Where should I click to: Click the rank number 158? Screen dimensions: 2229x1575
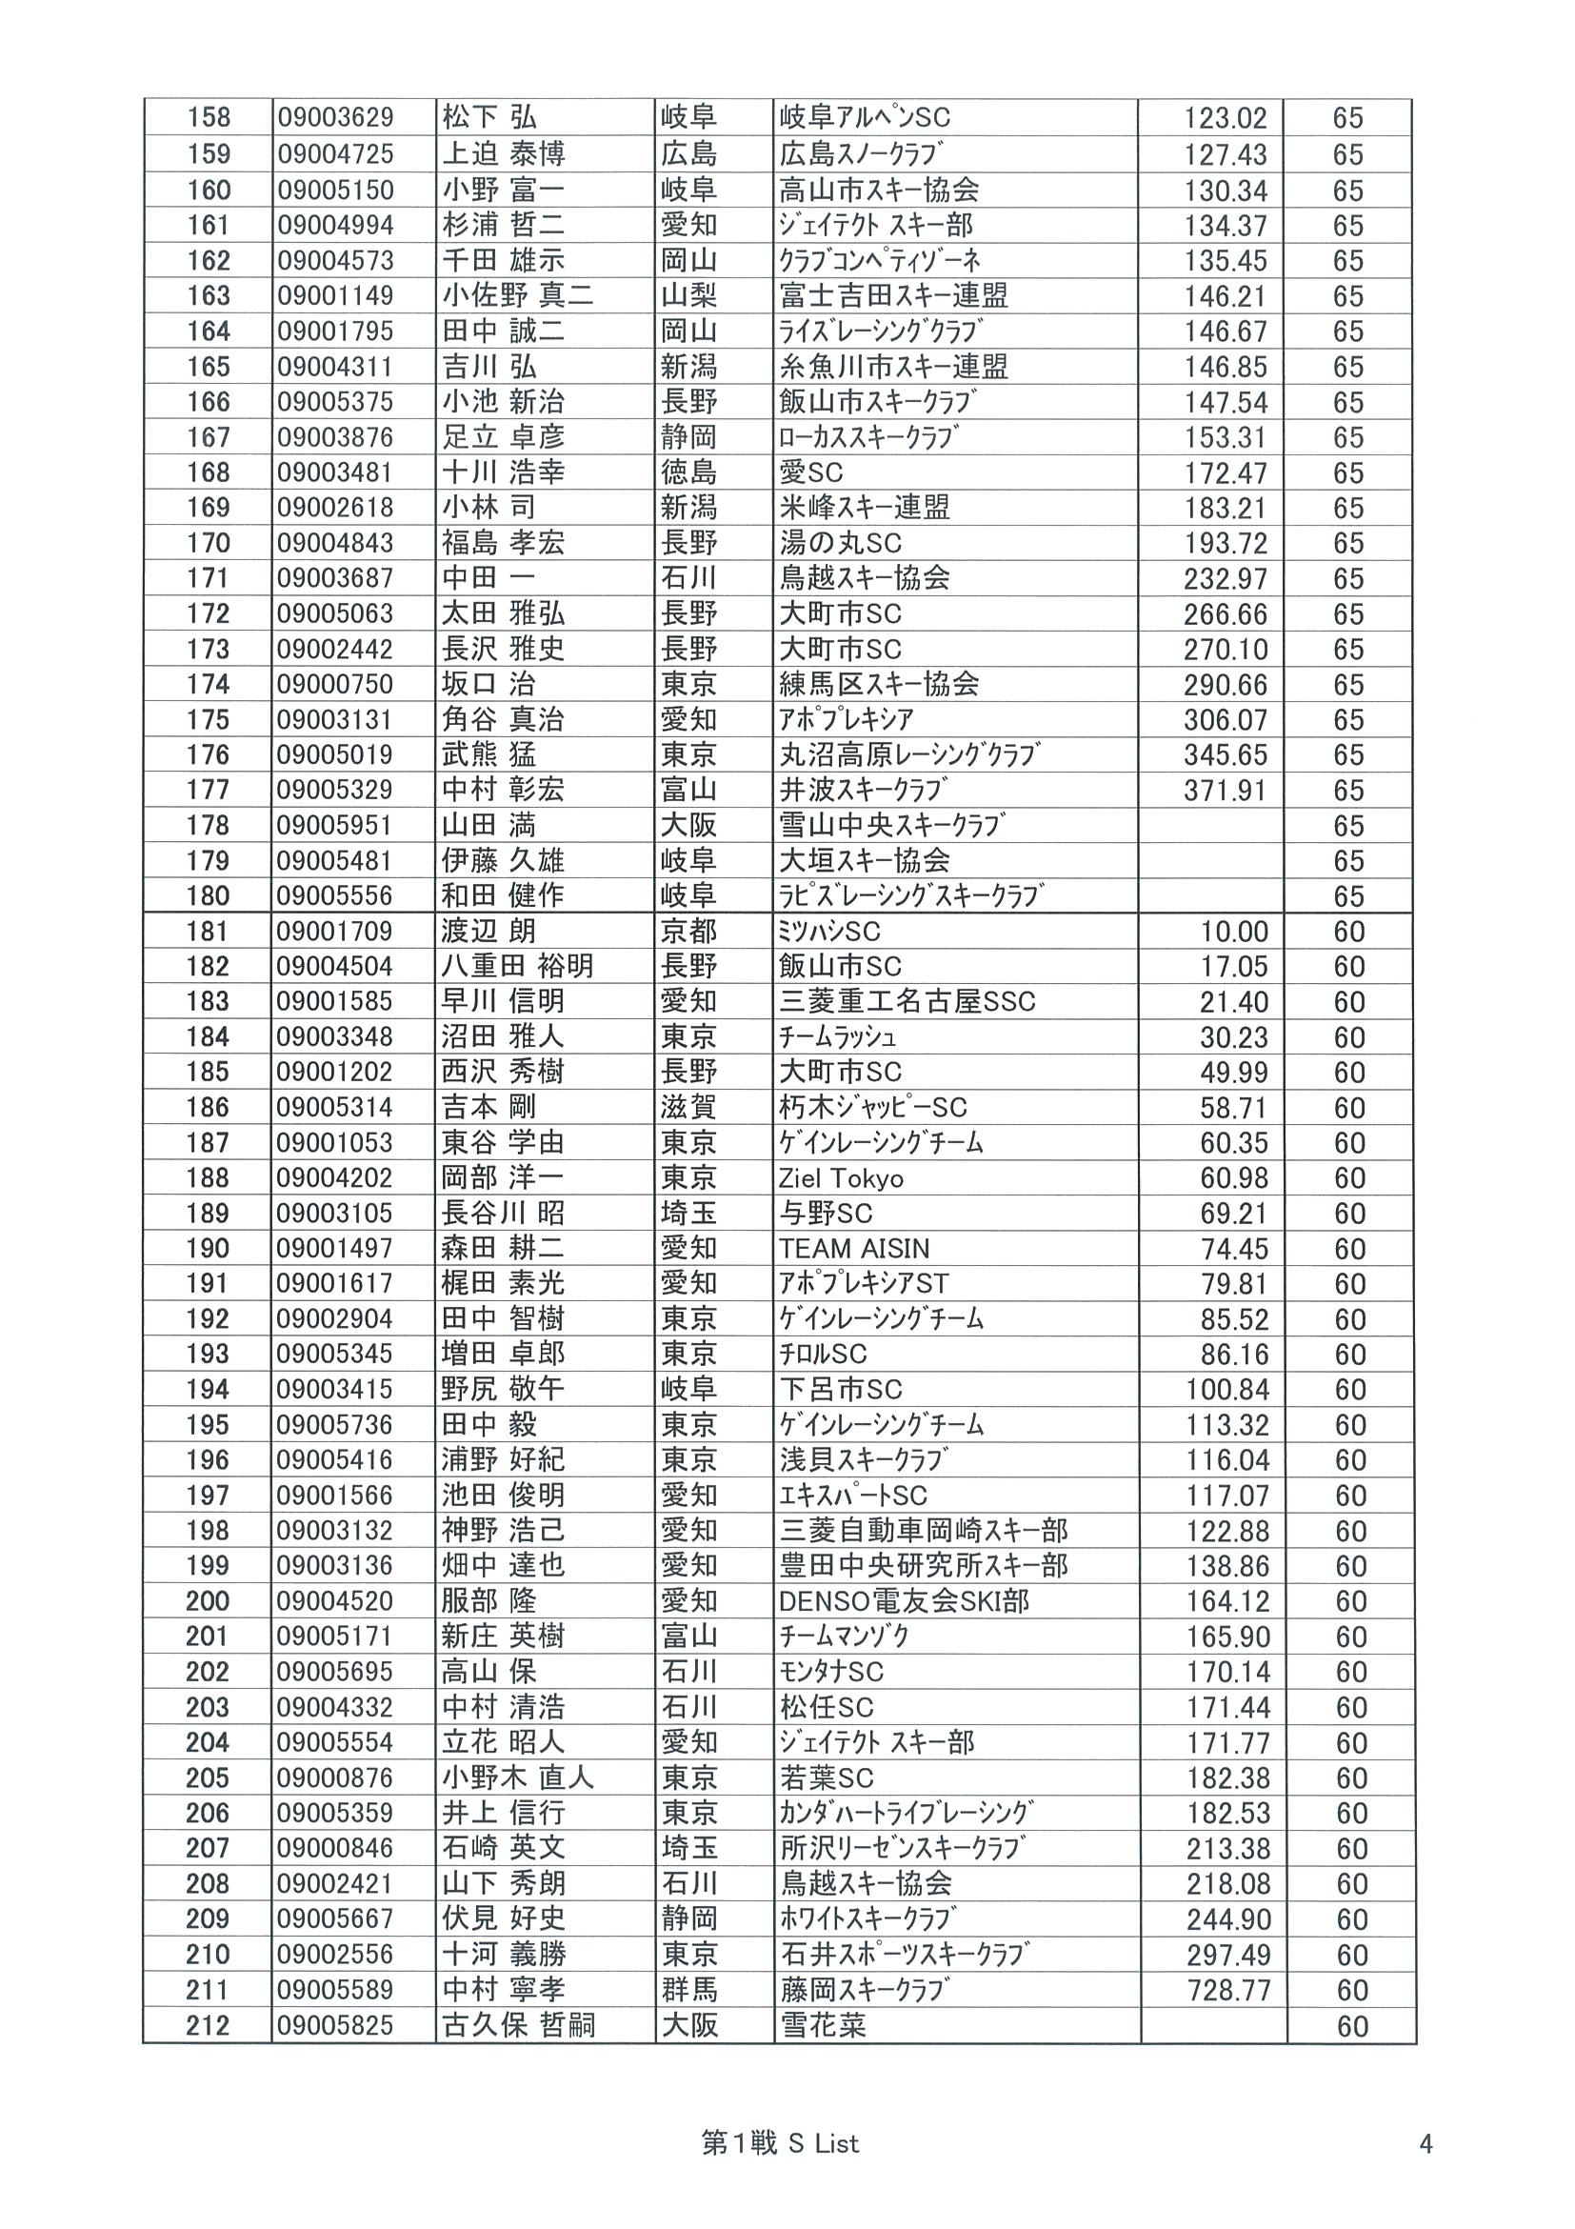(209, 118)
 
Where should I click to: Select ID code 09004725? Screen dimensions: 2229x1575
(335, 154)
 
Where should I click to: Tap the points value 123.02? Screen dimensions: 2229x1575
(1225, 119)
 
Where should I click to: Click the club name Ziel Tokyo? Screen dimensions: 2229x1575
(841, 1178)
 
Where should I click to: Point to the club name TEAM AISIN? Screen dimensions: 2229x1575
(854, 1249)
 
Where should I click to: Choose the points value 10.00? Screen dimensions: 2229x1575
(1233, 932)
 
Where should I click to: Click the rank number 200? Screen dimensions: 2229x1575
(209, 1602)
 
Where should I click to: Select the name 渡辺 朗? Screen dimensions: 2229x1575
(488, 932)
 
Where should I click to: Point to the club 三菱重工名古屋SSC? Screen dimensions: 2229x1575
(907, 1002)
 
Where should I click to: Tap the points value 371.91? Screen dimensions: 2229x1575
(1225, 791)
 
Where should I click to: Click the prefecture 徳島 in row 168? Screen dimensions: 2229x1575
(689, 472)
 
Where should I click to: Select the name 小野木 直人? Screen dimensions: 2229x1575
(517, 1778)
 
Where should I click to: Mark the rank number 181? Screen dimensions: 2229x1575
(209, 932)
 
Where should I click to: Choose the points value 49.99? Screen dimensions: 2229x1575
(1233, 1073)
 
